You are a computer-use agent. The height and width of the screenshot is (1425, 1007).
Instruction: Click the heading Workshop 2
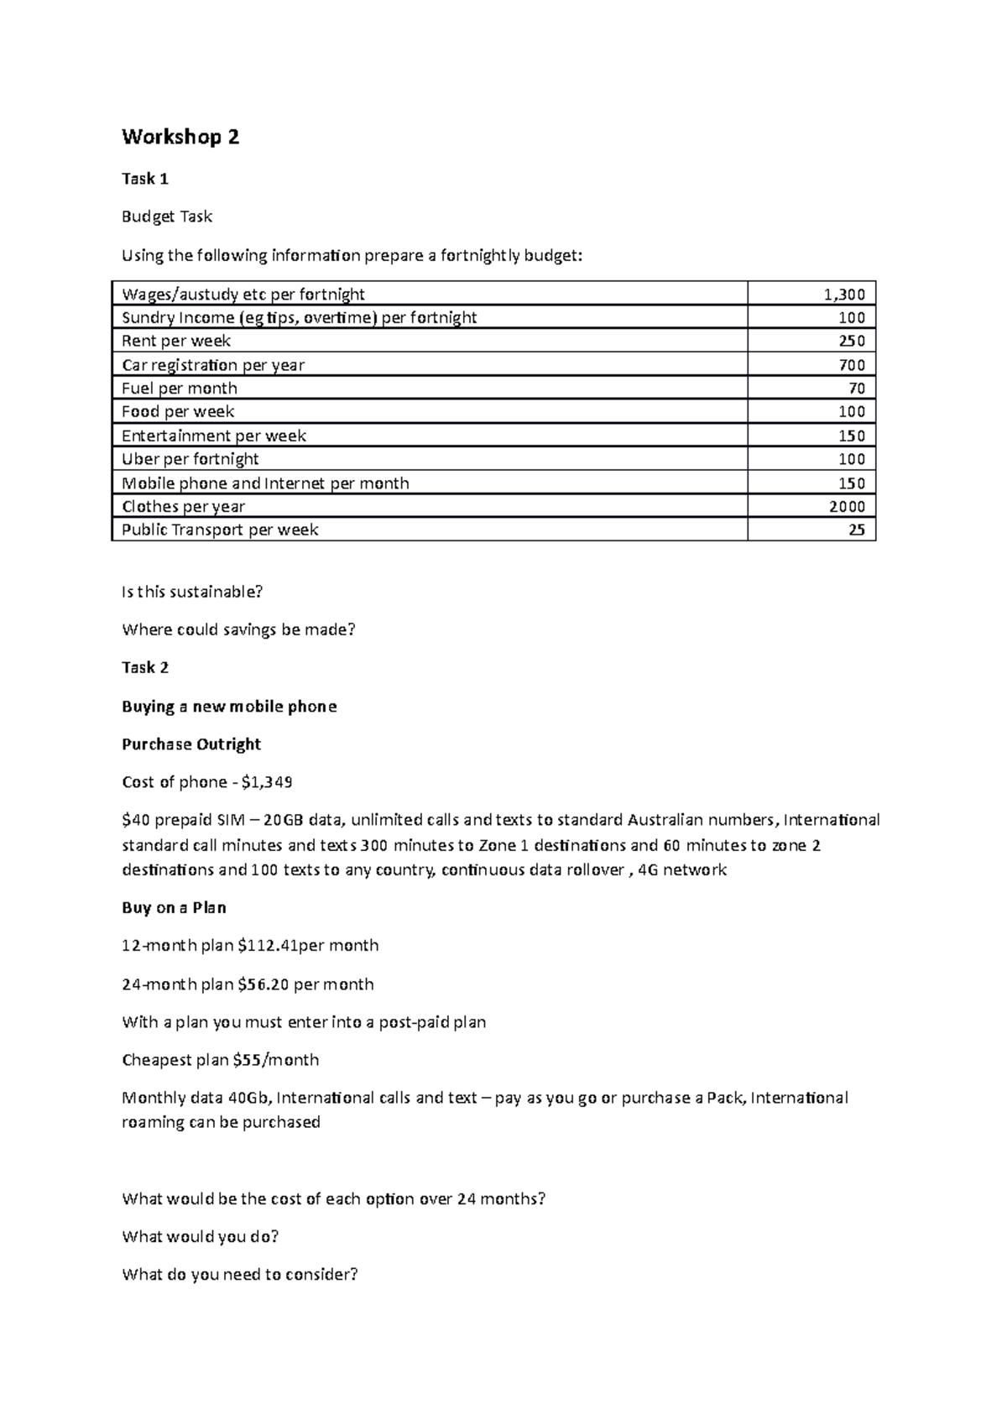(180, 138)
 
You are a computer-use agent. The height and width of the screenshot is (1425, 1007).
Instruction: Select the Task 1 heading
(145, 179)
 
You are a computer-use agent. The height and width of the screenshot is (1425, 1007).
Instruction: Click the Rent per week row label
(176, 342)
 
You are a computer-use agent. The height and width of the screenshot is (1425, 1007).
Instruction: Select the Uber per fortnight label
(190, 459)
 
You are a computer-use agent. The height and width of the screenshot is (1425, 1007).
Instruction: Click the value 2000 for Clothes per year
(847, 507)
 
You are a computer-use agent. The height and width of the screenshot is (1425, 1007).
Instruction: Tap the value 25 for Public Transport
(856, 530)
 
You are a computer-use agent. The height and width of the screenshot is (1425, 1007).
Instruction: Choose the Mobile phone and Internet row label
(265, 483)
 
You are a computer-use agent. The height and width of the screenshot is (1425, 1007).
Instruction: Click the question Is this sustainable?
(192, 592)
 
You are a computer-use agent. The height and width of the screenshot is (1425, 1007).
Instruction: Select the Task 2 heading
(145, 668)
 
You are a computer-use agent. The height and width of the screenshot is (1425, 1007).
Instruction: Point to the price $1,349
(266, 782)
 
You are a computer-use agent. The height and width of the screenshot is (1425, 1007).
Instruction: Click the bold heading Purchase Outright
(191, 744)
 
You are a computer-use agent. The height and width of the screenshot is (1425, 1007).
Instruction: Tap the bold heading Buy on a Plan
(174, 908)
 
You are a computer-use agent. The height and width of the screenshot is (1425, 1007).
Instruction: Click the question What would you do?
(200, 1237)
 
